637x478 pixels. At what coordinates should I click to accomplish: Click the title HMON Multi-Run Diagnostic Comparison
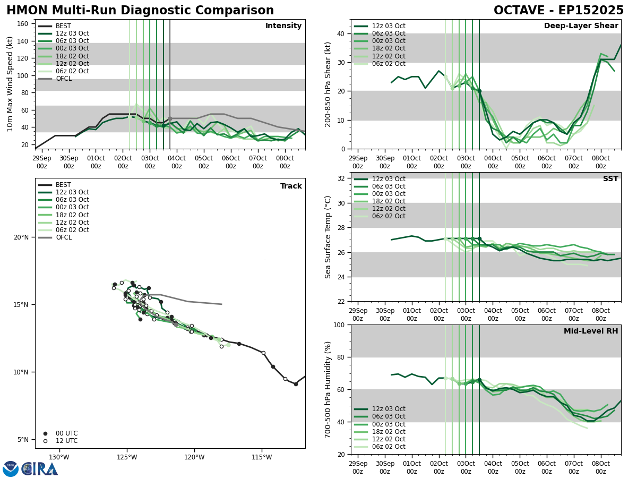click(x=140, y=11)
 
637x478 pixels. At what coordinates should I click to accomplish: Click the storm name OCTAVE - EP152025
click(x=558, y=11)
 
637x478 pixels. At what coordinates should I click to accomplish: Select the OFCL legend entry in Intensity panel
click(x=63, y=79)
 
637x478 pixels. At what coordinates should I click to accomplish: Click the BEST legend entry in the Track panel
click(x=63, y=185)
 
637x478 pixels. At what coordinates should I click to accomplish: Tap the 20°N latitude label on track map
click(x=21, y=237)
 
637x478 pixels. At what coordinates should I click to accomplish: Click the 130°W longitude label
click(x=59, y=457)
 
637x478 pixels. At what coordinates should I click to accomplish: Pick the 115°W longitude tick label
click(x=262, y=457)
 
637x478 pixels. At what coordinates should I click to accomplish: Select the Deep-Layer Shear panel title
click(x=581, y=26)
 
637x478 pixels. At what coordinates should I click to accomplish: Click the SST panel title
click(x=610, y=179)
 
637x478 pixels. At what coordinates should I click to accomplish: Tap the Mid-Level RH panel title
click(x=590, y=331)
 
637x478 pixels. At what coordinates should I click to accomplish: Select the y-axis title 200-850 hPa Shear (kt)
click(x=329, y=84)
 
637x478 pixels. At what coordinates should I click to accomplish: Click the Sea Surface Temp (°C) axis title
click(x=329, y=237)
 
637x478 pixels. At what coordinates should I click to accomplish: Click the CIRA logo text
click(x=40, y=469)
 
